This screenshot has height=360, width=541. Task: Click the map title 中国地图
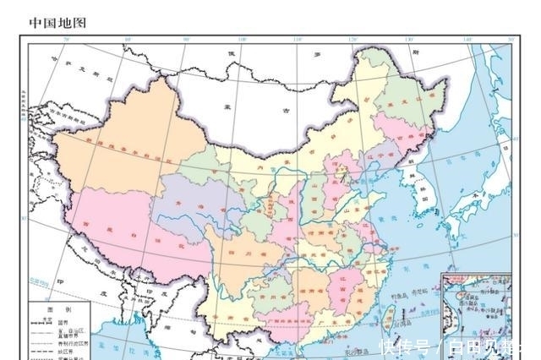coord(57,21)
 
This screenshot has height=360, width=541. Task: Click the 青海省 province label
coord(185,205)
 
